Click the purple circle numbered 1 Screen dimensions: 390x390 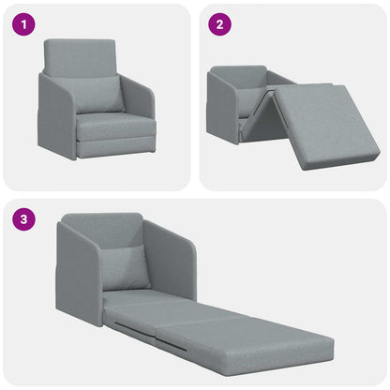(23, 25)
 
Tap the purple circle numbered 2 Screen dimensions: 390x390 (218, 25)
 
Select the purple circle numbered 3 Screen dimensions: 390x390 (23, 221)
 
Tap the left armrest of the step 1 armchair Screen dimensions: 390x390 (54, 117)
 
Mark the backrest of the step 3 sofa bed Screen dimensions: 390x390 (103, 230)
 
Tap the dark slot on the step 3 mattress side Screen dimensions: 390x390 (131, 326)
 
